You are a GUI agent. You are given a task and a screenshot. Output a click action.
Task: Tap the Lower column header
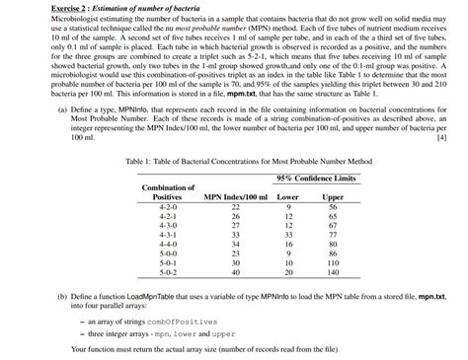[x=287, y=197]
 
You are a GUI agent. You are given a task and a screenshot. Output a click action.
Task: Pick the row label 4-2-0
[x=168, y=208]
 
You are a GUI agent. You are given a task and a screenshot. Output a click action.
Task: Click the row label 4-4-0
[x=168, y=244]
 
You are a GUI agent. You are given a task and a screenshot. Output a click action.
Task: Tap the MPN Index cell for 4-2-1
[x=235, y=217]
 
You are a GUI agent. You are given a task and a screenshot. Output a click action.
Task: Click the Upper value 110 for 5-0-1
[x=333, y=262]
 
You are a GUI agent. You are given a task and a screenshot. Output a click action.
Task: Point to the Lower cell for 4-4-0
[x=287, y=244]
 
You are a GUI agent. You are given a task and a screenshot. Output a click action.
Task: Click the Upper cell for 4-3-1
[x=333, y=235]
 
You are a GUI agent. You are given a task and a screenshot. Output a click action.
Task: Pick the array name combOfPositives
[x=169, y=321]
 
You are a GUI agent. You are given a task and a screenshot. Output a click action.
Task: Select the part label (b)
[x=62, y=296]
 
